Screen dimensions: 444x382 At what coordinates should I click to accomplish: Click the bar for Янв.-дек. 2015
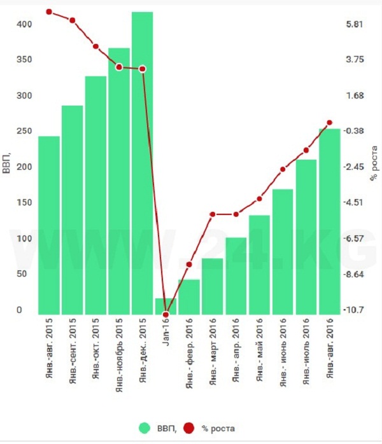coord(143,163)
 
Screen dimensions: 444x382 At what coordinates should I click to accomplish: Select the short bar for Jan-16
coord(166,306)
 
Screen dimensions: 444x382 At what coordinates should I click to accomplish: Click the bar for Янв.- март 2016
coord(212,286)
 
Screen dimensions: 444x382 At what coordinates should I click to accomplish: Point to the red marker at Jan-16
coord(166,314)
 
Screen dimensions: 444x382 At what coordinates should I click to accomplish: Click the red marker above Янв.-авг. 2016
coord(330,123)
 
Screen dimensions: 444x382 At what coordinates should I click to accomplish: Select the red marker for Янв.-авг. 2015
coord(49,12)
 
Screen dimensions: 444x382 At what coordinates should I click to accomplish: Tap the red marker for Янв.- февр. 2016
coord(189,265)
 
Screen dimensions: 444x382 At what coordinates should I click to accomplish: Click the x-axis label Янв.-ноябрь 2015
coord(119,353)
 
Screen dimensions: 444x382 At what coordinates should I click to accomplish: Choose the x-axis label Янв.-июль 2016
coord(306,351)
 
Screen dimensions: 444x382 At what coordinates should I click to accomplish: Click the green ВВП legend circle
coord(146,428)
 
